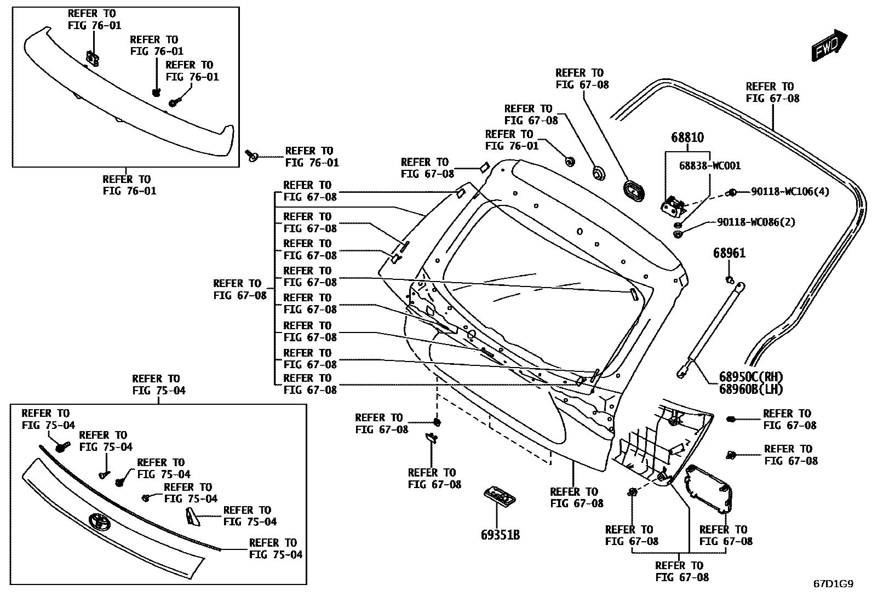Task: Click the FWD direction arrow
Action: point(829,46)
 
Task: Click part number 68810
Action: point(687,137)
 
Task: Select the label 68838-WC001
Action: point(710,165)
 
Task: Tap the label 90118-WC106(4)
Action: point(790,192)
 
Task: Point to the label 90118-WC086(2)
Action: point(756,222)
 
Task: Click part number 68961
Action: point(729,253)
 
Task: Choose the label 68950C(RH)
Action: point(751,377)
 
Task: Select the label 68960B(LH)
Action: point(751,389)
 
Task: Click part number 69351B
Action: point(500,535)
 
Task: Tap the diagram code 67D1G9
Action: point(833,584)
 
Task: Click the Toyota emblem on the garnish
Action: point(99,521)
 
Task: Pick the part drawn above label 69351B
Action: point(500,496)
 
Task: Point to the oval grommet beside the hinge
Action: point(633,190)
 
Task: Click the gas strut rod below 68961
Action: point(712,329)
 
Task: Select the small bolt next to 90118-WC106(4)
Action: point(731,192)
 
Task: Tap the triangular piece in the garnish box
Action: point(192,517)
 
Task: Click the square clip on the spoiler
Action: point(92,59)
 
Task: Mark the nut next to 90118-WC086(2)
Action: point(678,234)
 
